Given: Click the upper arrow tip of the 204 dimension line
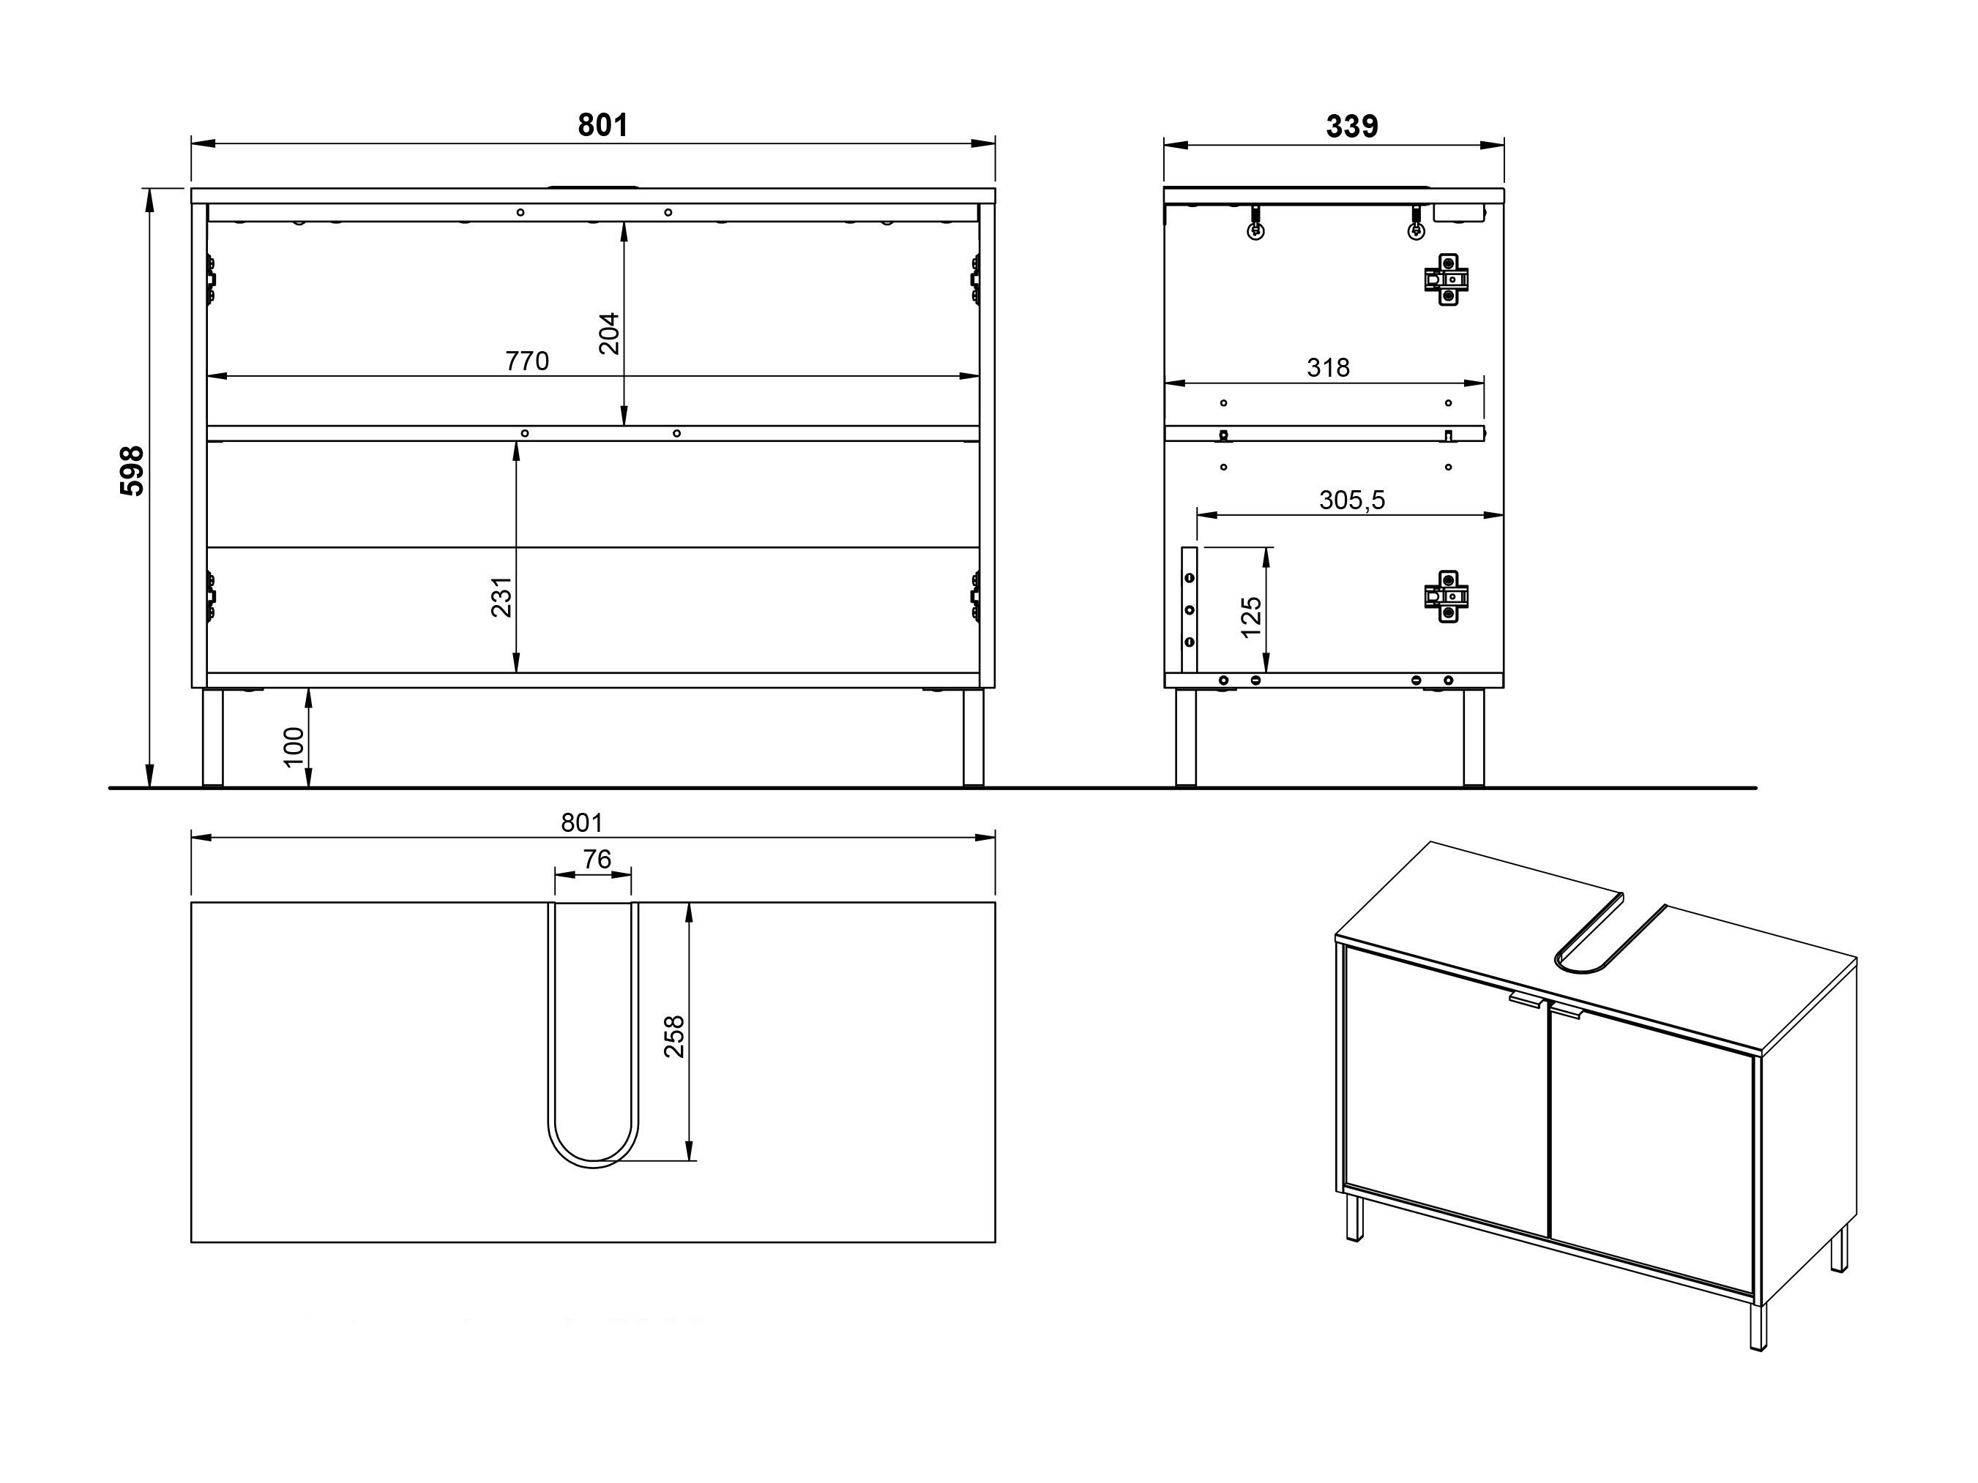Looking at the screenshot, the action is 624,222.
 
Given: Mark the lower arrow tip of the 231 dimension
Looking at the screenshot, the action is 516,672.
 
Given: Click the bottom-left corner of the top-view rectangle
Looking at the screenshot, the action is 191,1242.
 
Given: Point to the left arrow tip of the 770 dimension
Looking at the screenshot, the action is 207,376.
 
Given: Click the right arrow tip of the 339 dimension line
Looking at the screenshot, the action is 1504,144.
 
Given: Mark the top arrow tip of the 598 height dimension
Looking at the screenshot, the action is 150,189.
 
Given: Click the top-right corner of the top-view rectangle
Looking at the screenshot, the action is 996,903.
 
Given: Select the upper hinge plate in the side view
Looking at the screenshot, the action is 1446,279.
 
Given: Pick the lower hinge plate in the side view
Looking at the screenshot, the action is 1446,596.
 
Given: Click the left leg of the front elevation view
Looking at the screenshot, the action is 213,737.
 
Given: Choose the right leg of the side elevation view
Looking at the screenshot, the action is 1474,737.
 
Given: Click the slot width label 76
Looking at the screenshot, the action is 597,859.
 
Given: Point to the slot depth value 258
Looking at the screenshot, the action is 674,1037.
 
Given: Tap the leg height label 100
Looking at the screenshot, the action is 294,746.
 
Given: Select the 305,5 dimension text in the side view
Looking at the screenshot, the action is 1352,500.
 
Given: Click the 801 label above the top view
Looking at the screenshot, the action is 582,822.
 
